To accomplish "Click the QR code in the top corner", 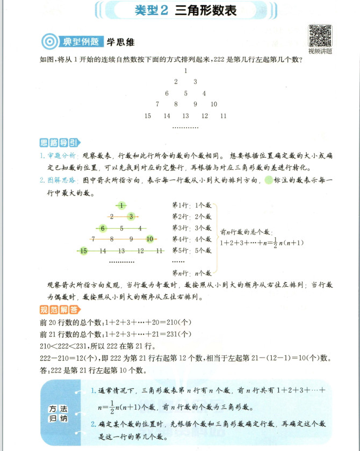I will [320, 36].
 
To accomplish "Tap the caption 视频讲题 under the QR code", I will [320, 52].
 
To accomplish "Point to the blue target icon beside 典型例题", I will [49, 41].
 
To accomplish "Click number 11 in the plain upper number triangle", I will [224, 115].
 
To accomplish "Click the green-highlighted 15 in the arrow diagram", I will [83, 251].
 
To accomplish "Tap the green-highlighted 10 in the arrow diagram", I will [150, 239].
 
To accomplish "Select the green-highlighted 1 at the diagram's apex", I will [122, 205].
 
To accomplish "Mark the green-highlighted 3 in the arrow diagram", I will [131, 216].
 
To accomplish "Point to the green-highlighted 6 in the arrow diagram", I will [103, 228].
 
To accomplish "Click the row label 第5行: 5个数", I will [192, 250].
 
